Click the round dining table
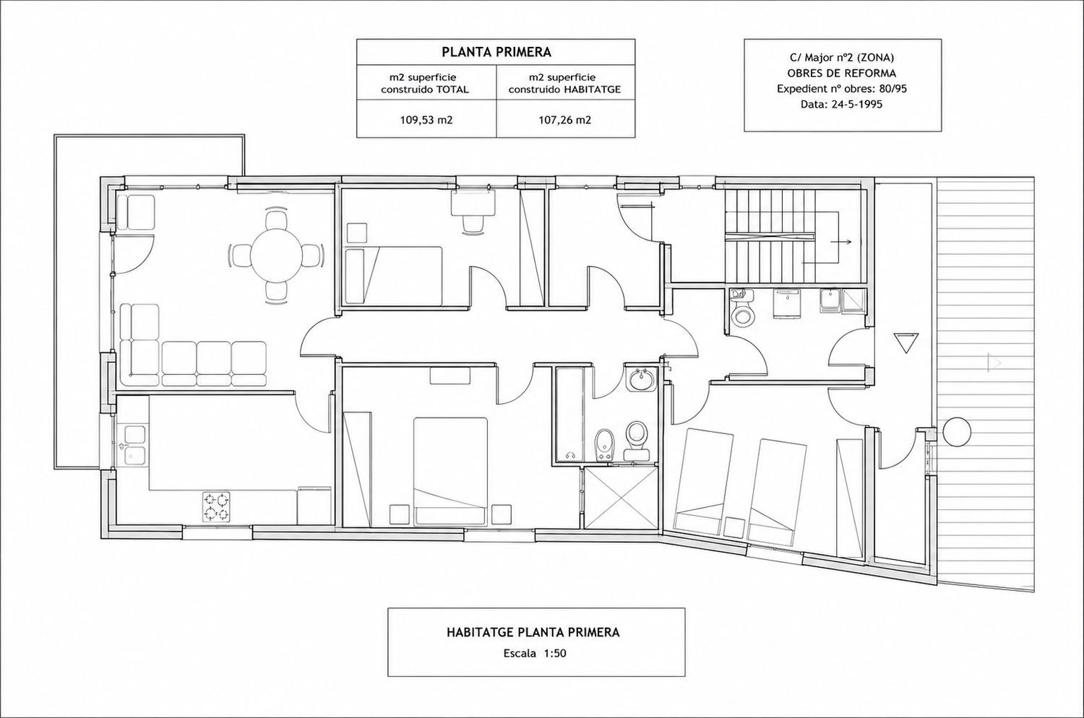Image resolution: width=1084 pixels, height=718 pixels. point(276,256)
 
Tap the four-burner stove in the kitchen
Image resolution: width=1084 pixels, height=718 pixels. point(216,506)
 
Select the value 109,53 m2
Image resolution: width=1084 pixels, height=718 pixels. point(426,120)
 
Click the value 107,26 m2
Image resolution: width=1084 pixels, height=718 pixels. point(564,120)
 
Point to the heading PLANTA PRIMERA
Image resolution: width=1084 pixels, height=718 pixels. point(496,52)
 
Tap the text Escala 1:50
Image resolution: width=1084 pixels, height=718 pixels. point(535,653)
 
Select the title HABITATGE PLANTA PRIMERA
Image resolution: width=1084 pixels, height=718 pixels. point(533,632)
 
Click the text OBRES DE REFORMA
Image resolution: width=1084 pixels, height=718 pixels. point(842,74)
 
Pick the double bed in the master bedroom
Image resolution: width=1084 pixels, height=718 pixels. point(450,472)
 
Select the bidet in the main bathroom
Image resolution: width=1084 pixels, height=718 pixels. point(603,444)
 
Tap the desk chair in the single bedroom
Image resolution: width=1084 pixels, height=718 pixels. point(473,223)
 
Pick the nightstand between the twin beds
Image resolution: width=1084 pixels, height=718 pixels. point(734,527)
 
